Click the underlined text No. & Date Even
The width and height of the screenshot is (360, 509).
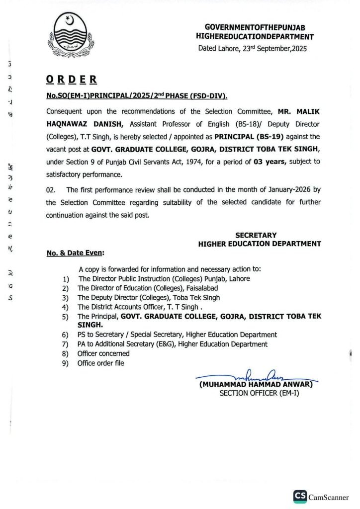pos(75,253)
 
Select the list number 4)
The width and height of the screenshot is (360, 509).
pos(65,307)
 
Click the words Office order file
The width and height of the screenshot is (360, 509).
pos(101,363)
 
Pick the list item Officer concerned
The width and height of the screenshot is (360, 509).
pos(103,353)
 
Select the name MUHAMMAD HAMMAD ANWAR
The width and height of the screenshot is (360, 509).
pos(256,384)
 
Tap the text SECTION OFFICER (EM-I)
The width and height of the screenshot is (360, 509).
pos(259,393)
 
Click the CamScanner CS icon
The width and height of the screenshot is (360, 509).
pos(299,496)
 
